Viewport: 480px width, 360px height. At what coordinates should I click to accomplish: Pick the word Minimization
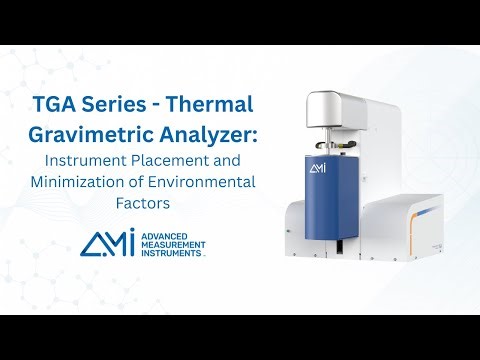pos(100,182)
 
